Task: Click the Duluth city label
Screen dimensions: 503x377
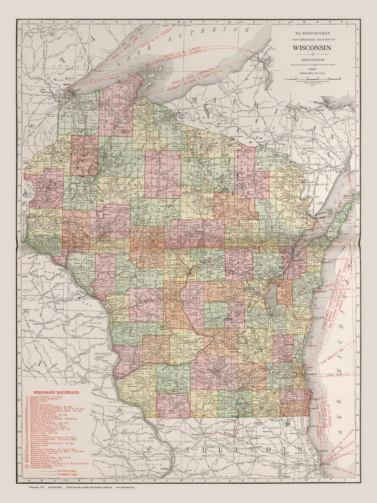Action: pos(66,84)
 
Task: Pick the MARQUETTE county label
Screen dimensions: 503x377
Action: pos(216,312)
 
